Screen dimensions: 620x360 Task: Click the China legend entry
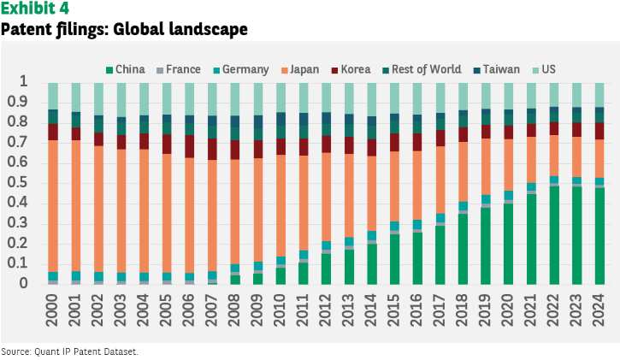click(x=126, y=69)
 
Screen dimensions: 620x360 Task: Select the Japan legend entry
click(x=300, y=69)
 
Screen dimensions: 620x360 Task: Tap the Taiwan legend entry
click(x=497, y=69)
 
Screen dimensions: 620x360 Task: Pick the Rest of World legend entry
click(x=422, y=69)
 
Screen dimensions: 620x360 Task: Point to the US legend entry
click(x=544, y=69)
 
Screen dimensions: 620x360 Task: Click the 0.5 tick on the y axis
click(x=18, y=183)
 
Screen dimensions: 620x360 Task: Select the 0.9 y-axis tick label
click(x=18, y=102)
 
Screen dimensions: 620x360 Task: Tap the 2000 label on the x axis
click(x=52, y=310)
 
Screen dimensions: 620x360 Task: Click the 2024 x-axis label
click(x=599, y=310)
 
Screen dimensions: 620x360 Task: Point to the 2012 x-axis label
click(x=326, y=310)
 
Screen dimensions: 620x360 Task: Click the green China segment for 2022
click(x=554, y=235)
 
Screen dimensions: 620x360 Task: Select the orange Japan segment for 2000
click(x=52, y=206)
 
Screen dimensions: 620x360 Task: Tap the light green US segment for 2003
click(x=121, y=100)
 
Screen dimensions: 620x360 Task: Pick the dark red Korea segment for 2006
click(x=189, y=146)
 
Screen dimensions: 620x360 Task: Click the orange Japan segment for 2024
click(x=599, y=158)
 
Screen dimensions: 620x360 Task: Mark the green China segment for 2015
click(x=394, y=259)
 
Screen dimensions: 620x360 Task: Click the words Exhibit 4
click(x=35, y=8)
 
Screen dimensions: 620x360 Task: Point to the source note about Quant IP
click(x=69, y=351)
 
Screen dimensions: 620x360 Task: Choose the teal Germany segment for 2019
click(x=486, y=199)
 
